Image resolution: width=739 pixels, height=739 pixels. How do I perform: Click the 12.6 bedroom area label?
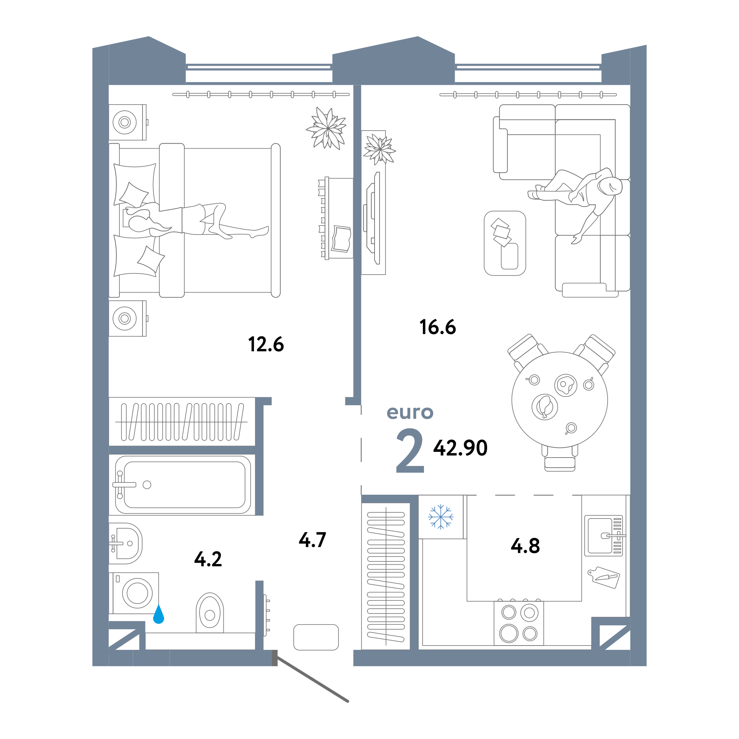266,344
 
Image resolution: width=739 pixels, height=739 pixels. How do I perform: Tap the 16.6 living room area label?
438,327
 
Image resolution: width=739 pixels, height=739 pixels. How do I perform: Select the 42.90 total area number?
460,447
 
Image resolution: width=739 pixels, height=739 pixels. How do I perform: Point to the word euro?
410,412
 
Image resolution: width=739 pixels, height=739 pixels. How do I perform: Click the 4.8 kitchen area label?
525,546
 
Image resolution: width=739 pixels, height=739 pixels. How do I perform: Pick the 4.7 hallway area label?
312,540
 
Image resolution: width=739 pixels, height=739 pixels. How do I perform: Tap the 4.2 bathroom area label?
208,559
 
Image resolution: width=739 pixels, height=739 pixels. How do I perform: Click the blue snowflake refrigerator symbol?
441,517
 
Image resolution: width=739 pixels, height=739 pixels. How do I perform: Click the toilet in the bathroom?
210,612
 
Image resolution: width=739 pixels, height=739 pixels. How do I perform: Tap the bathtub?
183,485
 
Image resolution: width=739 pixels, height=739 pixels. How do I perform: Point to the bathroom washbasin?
126,543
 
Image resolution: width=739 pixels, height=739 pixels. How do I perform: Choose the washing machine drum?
137,593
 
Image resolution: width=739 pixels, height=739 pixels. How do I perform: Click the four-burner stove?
519,623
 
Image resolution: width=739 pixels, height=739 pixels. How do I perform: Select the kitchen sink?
604,535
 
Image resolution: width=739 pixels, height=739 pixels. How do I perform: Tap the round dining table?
560,400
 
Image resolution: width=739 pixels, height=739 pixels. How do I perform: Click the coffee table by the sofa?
505,243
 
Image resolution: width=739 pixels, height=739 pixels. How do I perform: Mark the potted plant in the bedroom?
327,128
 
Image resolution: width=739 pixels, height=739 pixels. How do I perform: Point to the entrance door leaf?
312,679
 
